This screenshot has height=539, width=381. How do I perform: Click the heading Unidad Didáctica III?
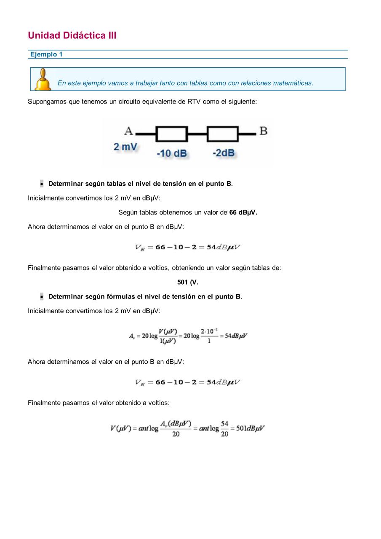(x=72, y=35)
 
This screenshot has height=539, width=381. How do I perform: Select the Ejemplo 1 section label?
(x=46, y=54)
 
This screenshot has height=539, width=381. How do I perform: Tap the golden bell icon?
(x=43, y=80)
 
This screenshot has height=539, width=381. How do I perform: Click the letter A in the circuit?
(x=128, y=131)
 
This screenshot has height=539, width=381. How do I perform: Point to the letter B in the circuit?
(x=263, y=131)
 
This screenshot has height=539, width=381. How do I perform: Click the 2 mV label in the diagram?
(x=125, y=147)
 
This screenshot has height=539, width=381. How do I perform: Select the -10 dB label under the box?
(x=171, y=153)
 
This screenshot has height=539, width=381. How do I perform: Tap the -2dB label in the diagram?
(x=223, y=152)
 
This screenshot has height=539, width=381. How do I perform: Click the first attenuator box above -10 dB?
(x=172, y=134)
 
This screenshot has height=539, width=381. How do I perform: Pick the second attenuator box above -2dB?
(x=223, y=134)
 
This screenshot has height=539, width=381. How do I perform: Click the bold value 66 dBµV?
(x=243, y=213)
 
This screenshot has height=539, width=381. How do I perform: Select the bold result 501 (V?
(x=188, y=282)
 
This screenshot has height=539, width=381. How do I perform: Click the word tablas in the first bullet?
(x=116, y=184)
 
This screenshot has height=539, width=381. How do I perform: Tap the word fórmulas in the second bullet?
(x=122, y=296)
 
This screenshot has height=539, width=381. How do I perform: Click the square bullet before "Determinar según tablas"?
(x=42, y=184)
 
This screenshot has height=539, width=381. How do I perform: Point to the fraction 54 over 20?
(x=224, y=429)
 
